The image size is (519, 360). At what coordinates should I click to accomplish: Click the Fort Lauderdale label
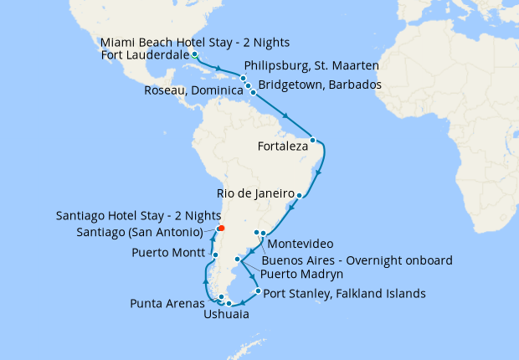[x=144, y=56]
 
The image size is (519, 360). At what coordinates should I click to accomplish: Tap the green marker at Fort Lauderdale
[x=194, y=56]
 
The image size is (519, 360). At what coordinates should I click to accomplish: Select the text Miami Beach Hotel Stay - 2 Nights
[x=189, y=43]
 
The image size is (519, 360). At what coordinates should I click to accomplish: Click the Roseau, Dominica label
[x=192, y=90]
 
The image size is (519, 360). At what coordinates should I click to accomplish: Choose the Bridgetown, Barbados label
[x=321, y=85]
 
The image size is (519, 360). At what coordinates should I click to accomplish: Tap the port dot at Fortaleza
[x=312, y=140]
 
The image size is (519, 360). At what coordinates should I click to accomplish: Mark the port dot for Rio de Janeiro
[x=299, y=194]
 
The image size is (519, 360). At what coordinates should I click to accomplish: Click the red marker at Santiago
[x=220, y=228]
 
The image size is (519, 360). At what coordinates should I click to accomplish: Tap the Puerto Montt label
[x=168, y=254]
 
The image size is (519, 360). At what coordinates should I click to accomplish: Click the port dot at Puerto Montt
[x=215, y=255]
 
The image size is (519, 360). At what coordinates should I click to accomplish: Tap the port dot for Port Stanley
[x=257, y=291]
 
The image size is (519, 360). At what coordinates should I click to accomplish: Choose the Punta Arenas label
[x=166, y=302]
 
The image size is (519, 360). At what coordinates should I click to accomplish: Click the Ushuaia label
[x=225, y=316]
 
